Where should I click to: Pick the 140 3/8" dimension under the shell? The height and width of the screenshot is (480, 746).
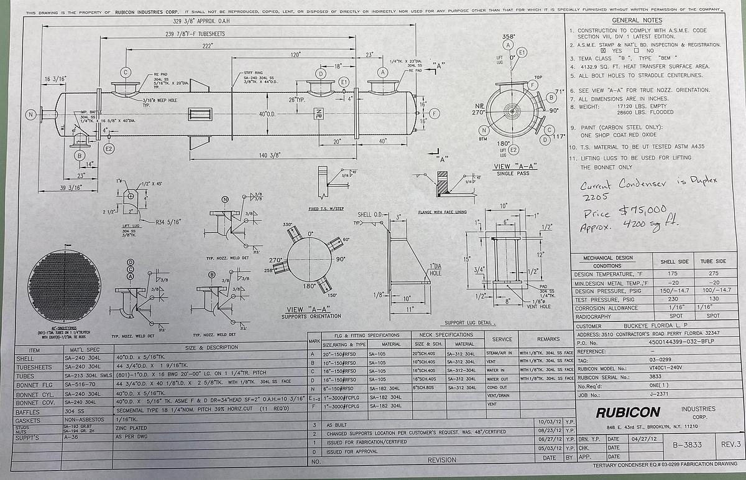271,155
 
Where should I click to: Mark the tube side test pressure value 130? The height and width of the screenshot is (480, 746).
712,299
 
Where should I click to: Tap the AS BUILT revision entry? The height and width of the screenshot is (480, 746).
338,425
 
